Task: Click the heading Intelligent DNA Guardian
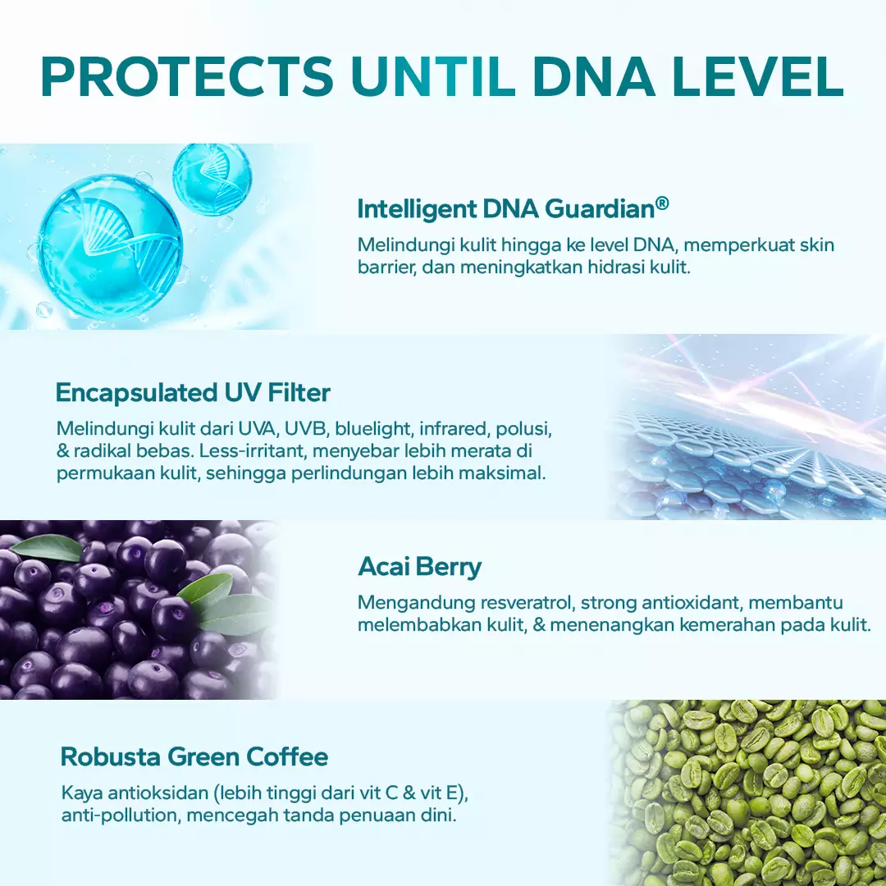tap(506, 209)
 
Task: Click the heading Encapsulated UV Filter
tap(193, 393)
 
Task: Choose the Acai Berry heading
tap(419, 567)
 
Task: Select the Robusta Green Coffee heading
tap(194, 756)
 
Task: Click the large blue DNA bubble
tap(110, 248)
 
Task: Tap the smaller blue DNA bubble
tap(212, 180)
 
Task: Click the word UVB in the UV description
tap(306, 429)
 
